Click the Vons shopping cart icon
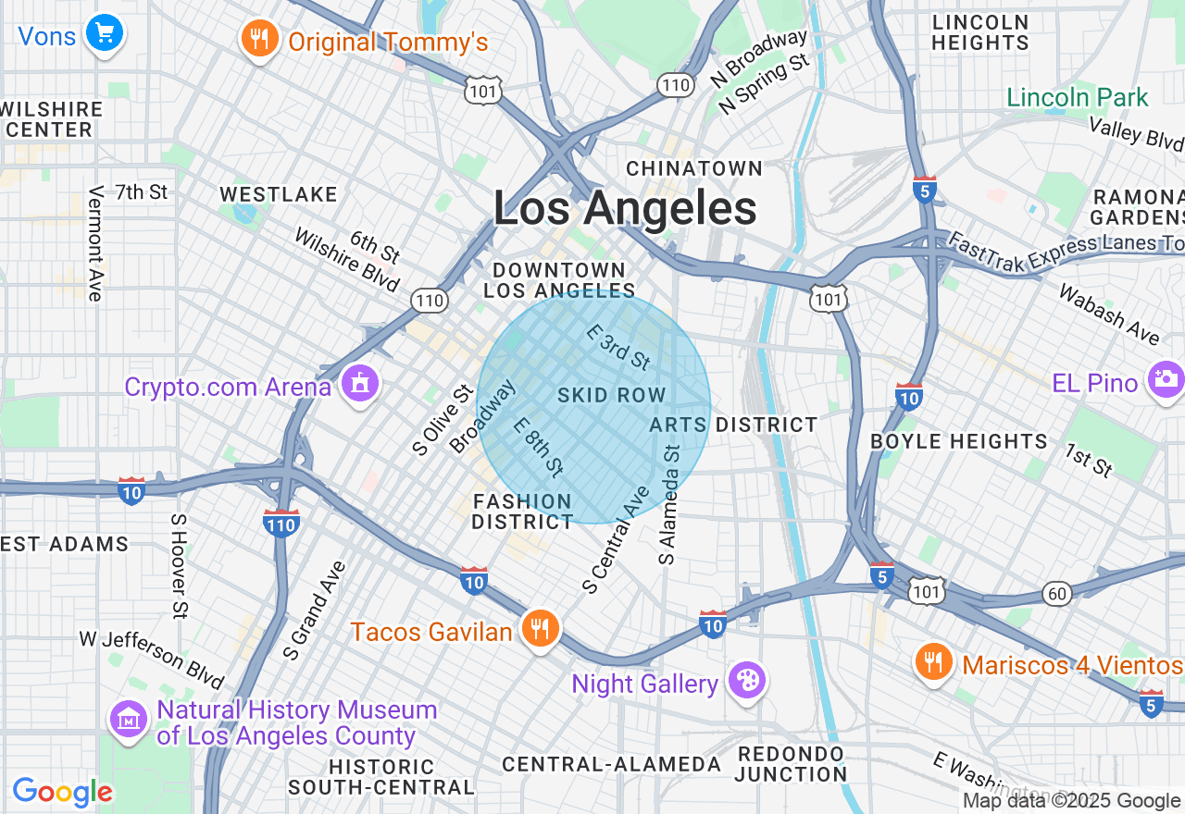coord(105,34)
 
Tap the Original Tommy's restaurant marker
coord(260,39)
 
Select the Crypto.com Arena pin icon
coord(359,383)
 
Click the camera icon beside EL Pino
coord(1166,379)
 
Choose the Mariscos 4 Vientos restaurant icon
coord(934,662)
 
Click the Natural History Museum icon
coord(130,720)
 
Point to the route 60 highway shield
coord(1057,593)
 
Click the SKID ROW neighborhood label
coord(611,396)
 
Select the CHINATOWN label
coord(694,168)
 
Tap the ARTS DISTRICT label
coord(733,425)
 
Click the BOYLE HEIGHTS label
coord(959,441)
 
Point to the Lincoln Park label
coord(1078,97)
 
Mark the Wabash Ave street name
coord(1108,314)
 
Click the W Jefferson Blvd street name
coord(152,660)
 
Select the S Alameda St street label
coord(669,504)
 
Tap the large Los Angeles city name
coord(625,208)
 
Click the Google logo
coord(62,792)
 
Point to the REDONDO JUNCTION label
coord(792,764)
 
